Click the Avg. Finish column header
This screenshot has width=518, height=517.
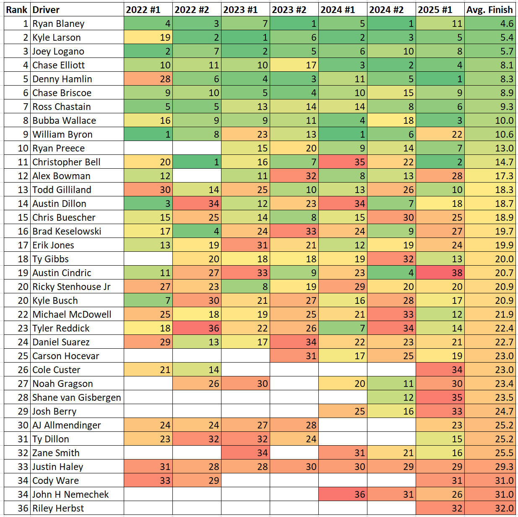489,10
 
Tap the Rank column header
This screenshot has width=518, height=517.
17,10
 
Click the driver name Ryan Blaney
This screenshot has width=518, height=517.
58,23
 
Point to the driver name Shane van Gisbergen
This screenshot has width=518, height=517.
77,397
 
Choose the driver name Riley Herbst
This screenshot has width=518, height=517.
58,508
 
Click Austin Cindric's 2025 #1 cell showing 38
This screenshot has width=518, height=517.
440,273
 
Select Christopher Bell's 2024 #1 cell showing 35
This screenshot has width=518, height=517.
343,162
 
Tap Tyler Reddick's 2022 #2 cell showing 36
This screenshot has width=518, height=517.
197,328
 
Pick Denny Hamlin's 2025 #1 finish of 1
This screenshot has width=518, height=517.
440,79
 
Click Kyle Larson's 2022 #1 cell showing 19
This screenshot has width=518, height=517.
148,37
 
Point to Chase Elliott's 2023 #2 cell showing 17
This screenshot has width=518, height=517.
294,65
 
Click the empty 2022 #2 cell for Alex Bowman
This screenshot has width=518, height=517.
197,176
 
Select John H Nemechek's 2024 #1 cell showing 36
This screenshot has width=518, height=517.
343,494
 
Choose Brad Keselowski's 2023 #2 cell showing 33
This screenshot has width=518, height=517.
294,231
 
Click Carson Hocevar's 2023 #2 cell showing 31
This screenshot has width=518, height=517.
294,356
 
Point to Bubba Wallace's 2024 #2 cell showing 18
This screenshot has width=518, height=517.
392,120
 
